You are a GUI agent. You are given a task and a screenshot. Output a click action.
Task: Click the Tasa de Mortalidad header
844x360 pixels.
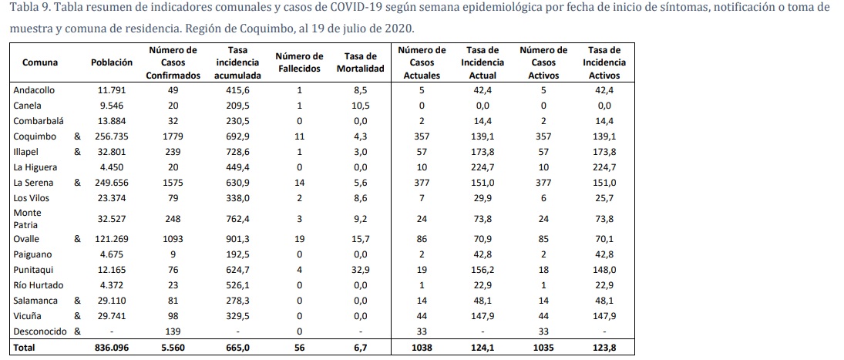(x=360, y=62)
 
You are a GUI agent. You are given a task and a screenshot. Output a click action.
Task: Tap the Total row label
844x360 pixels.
(x=25, y=348)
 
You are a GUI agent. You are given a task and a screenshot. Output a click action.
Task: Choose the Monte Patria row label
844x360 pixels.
(x=28, y=218)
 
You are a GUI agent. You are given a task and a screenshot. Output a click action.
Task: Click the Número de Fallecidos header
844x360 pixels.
(x=298, y=62)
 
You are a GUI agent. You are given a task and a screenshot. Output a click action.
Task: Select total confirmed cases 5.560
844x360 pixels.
(x=173, y=348)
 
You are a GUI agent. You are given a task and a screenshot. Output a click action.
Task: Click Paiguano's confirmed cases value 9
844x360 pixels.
(x=173, y=254)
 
